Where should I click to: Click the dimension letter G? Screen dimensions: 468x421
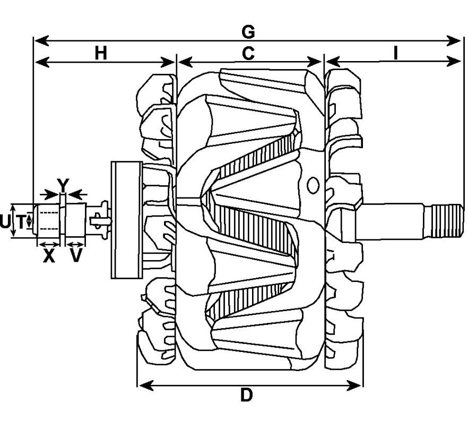tap(248, 32)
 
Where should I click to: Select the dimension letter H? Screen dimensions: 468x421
tap(101, 54)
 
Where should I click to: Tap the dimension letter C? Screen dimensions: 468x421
tap(248, 54)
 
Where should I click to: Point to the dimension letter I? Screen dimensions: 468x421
tap(395, 54)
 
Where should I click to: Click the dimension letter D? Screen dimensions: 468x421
tap(247, 395)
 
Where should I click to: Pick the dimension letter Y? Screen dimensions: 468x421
tap(63, 185)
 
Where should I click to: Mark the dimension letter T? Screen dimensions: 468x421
tap(21, 222)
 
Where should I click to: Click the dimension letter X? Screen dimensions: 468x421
tap(49, 256)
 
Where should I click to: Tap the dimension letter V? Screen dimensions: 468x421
tap(76, 256)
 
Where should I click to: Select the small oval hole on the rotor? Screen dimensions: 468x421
tap(313, 185)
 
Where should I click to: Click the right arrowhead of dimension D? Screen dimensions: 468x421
tap(354, 385)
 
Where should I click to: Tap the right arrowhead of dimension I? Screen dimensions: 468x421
tap(454, 62)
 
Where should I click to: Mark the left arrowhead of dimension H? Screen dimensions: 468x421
tap(42, 63)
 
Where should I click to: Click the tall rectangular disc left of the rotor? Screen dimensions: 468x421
tap(126, 220)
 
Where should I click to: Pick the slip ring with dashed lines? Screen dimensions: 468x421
tap(48, 220)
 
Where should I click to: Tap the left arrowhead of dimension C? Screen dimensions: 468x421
tap(185, 63)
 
